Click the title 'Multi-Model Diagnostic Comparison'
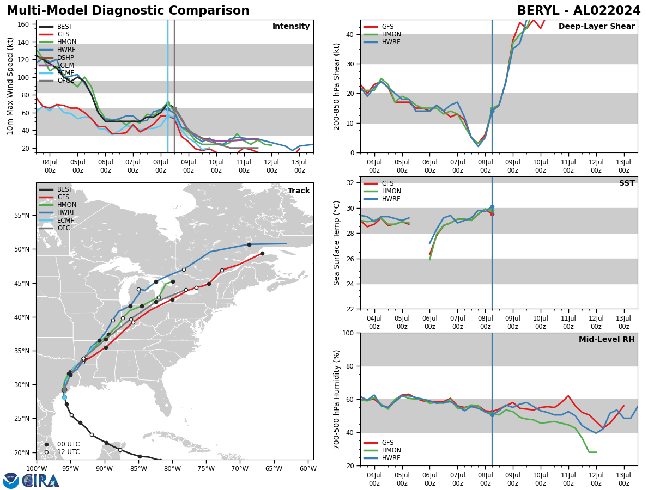coord(128,11)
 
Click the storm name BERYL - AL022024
coord(579,11)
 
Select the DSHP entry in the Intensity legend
coord(64,58)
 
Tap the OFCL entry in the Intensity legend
coord(65,81)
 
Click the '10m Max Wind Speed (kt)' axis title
coord(10,86)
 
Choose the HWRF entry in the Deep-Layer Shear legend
coord(391,42)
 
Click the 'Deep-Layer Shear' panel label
coord(596,27)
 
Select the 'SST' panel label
coord(627,183)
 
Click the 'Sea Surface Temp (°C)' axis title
coord(337,243)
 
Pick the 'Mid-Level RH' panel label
coord(607,340)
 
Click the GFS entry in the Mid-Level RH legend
coord(387,443)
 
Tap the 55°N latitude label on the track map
coord(22,216)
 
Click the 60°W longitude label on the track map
coord(308,469)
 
